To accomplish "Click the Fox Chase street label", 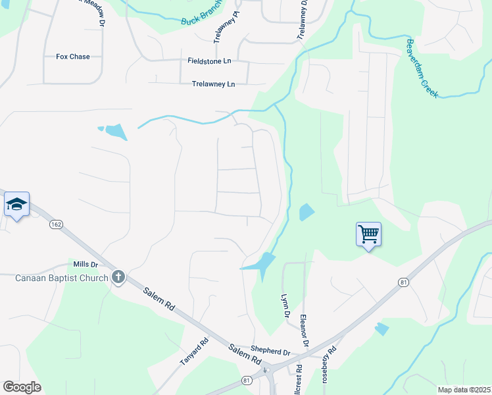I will (x=72, y=57).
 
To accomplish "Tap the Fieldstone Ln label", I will (x=210, y=61).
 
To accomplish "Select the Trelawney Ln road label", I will (x=213, y=84).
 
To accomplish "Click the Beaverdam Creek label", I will (x=421, y=68).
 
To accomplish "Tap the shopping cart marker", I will (x=368, y=234).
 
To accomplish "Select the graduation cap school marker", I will (x=16, y=205).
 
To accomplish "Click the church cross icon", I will (x=118, y=277).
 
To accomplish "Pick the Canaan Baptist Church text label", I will (x=61, y=278).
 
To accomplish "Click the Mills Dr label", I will (x=86, y=264).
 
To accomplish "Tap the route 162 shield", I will (x=56, y=224).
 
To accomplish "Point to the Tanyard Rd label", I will (x=195, y=352).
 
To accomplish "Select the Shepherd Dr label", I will (x=270, y=352).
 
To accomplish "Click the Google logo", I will (x=22, y=387).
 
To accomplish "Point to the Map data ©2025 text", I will (x=463, y=390).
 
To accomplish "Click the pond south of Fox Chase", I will (x=115, y=132).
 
